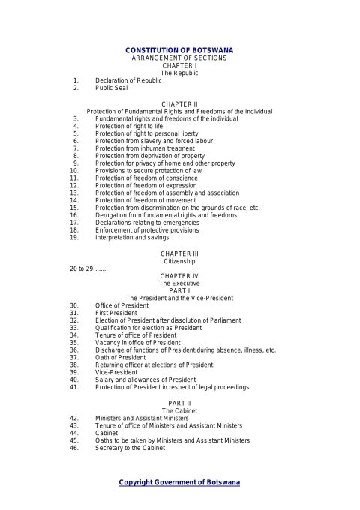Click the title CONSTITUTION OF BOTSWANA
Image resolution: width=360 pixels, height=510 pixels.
click(179, 49)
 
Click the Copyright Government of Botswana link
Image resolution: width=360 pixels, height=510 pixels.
click(179, 482)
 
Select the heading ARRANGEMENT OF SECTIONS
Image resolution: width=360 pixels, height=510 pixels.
click(179, 58)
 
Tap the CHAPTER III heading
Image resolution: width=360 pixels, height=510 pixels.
click(179, 254)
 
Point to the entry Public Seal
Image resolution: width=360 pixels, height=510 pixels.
click(111, 88)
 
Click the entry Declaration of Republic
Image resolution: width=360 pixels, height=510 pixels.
click(128, 80)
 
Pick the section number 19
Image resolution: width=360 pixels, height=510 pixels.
click(74, 237)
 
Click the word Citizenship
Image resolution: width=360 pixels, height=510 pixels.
click(179, 262)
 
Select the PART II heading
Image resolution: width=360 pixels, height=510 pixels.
click(179, 403)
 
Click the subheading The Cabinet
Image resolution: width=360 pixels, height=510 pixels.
click(179, 410)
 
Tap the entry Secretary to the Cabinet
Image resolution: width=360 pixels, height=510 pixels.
click(130, 448)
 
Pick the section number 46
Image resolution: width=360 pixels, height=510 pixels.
click(74, 448)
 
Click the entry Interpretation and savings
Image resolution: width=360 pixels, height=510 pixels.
click(131, 237)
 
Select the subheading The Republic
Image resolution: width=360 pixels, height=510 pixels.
click(179, 73)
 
